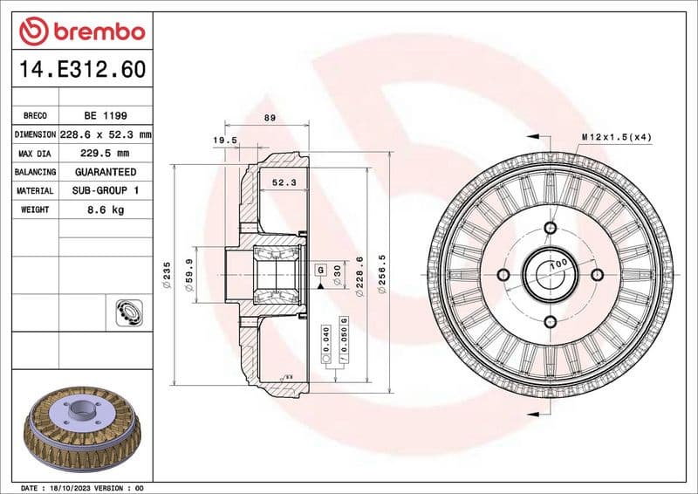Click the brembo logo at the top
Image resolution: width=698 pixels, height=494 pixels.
[x=82, y=32]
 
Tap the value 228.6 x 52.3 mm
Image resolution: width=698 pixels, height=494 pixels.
[x=106, y=134]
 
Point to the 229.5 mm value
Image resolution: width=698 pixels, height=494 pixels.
[x=106, y=154]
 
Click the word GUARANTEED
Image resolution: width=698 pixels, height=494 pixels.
[x=106, y=173]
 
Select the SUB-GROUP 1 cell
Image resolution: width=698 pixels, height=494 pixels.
[x=106, y=191]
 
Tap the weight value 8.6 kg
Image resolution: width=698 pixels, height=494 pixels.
[x=106, y=210]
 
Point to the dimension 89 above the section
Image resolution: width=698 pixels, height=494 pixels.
[x=270, y=118]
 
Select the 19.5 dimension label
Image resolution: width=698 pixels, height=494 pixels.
[x=225, y=140]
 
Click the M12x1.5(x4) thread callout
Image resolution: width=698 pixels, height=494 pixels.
[x=617, y=137]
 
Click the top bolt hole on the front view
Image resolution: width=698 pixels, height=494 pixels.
[x=550, y=229]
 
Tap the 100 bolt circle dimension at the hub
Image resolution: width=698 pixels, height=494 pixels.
[x=558, y=263]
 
